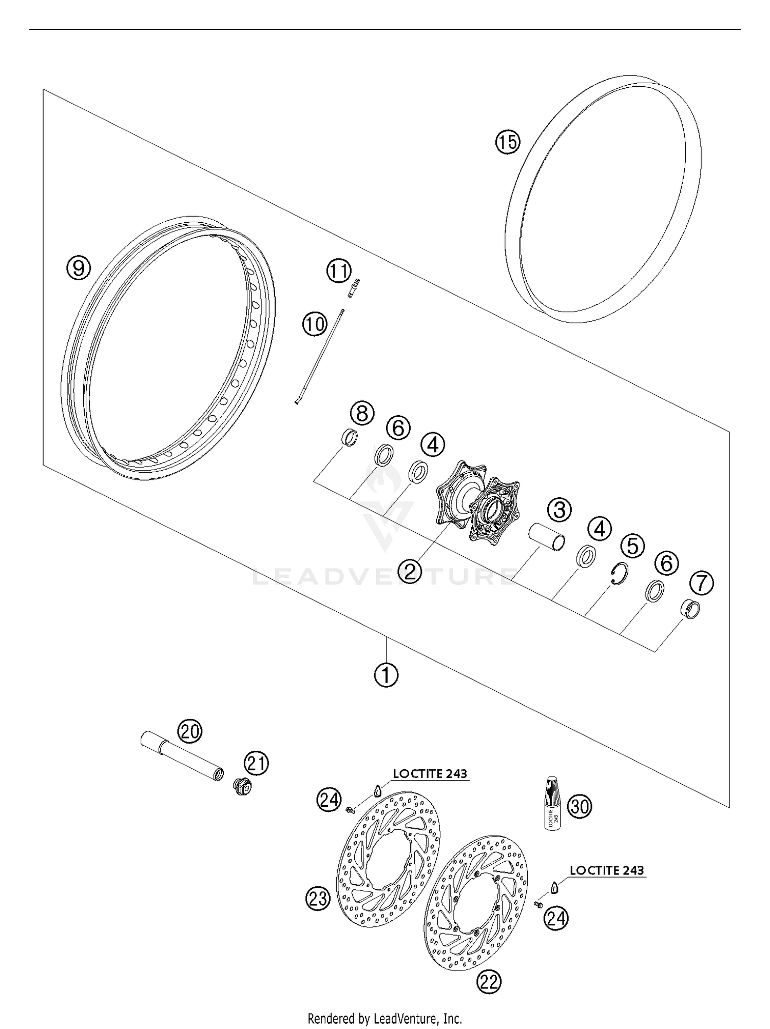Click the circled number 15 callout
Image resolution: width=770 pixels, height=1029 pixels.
[x=507, y=142]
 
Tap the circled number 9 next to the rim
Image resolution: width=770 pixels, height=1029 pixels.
[x=79, y=267]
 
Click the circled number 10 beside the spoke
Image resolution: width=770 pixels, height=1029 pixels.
[x=314, y=324]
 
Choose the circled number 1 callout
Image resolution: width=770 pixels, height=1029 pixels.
[x=386, y=675]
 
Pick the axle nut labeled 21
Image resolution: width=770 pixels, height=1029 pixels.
[x=240, y=786]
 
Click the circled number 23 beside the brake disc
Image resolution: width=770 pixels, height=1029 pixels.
[x=318, y=899]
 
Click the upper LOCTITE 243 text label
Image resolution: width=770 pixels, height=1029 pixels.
[x=430, y=773]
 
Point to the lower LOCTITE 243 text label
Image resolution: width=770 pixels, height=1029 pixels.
[x=606, y=870]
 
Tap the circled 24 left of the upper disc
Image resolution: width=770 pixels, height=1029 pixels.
[x=329, y=800]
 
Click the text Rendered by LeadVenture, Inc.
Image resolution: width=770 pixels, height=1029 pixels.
[x=385, y=1018]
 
